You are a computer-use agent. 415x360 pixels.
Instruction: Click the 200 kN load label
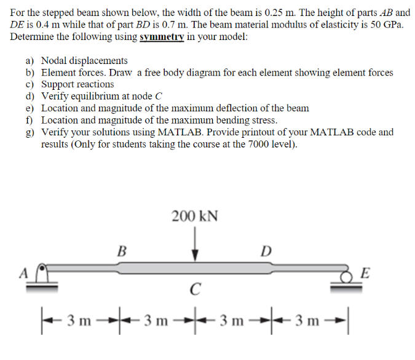195,216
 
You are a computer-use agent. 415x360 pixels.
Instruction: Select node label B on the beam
122,251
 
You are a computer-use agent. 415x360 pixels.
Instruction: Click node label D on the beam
265,251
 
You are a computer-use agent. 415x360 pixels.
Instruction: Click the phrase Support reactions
77,84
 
